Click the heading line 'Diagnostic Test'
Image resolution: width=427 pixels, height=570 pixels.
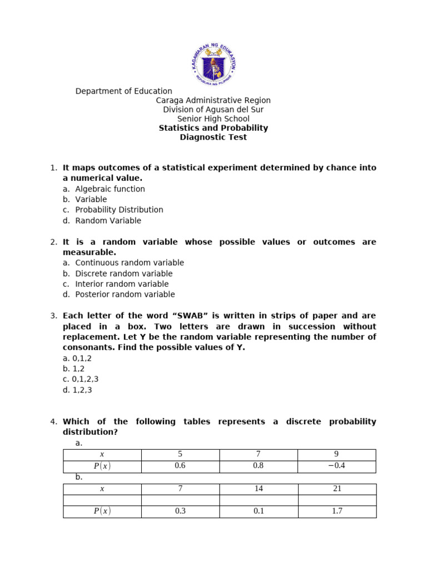pyautogui.click(x=213, y=137)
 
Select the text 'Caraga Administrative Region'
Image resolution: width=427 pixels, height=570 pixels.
pyautogui.click(x=213, y=101)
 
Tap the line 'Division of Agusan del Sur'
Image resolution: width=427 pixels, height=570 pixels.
pyautogui.click(x=213, y=110)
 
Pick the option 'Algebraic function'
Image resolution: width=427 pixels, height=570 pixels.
pyautogui.click(x=110, y=189)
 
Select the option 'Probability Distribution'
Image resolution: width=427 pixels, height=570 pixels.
pyautogui.click(x=119, y=210)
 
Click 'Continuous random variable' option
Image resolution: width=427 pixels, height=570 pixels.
pyautogui.click(x=129, y=263)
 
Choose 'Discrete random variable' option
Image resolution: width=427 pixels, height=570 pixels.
pyautogui.click(x=123, y=274)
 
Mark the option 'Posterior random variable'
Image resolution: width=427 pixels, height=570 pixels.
pyautogui.click(x=125, y=294)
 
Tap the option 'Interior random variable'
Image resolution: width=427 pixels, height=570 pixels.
pyautogui.click(x=122, y=284)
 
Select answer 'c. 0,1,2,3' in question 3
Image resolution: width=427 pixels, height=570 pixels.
pyautogui.click(x=81, y=380)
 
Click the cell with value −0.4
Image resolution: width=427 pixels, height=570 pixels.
pyautogui.click(x=336, y=466)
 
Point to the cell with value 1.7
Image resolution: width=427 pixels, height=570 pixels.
pyautogui.click(x=336, y=511)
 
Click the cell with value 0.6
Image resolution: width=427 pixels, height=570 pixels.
pyautogui.click(x=180, y=466)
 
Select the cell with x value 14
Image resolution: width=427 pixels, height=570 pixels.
pyautogui.click(x=259, y=489)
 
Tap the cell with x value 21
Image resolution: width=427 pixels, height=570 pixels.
pyautogui.click(x=336, y=489)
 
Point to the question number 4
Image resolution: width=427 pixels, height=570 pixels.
pyautogui.click(x=53, y=422)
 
